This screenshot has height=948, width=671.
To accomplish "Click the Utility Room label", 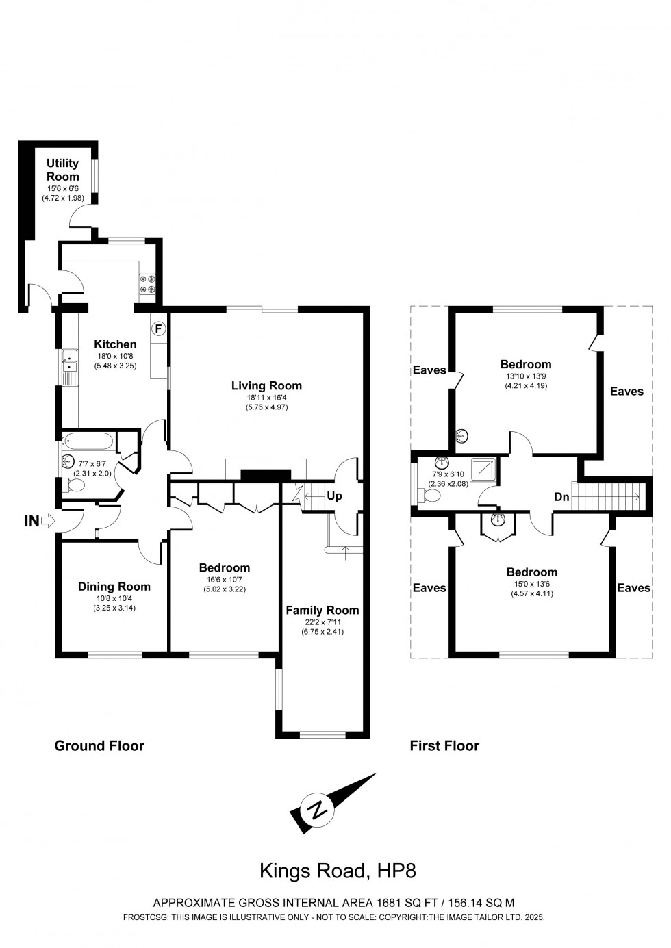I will (x=62, y=170).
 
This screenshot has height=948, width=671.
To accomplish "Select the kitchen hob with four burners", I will (x=147, y=284).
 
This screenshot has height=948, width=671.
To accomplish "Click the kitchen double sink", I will (x=68, y=361).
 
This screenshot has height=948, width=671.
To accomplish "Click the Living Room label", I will (x=266, y=386).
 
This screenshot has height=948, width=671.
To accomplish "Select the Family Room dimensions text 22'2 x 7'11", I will (x=322, y=622).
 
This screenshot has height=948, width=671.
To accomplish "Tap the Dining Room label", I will (x=114, y=587).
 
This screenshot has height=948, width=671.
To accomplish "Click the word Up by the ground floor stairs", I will (x=334, y=496).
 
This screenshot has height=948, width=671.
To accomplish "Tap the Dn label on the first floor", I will (x=561, y=498).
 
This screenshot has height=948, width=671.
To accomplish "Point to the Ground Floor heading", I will (x=99, y=745).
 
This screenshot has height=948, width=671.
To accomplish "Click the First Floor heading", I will (x=444, y=745).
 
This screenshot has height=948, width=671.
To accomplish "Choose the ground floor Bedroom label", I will (x=224, y=567).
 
